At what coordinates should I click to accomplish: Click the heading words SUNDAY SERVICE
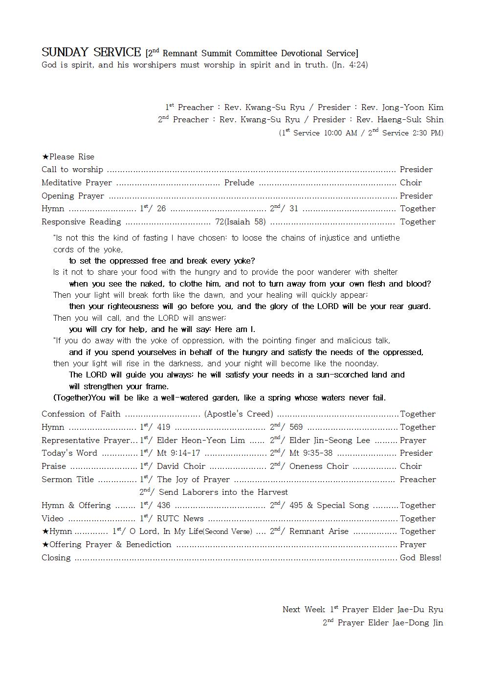coord(91,52)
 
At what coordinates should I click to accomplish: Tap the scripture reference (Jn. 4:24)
coord(350,65)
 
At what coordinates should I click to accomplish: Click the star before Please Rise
coord(45,157)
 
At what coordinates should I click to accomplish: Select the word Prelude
coord(239,182)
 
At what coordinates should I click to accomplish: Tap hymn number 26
coord(161,209)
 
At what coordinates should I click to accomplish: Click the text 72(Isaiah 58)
coord(241,221)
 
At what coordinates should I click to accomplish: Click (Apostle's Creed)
coord(239,414)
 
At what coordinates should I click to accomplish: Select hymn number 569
coord(296,427)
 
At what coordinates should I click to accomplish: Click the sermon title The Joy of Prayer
coord(193,479)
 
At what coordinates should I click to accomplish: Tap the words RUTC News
coord(180,518)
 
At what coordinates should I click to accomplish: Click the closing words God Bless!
coord(420,557)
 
